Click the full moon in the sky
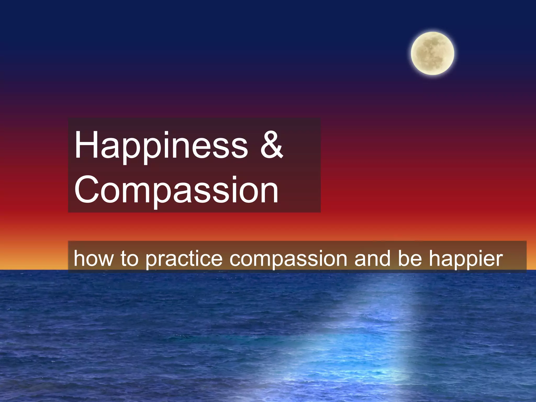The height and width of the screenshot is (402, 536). (x=432, y=53)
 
